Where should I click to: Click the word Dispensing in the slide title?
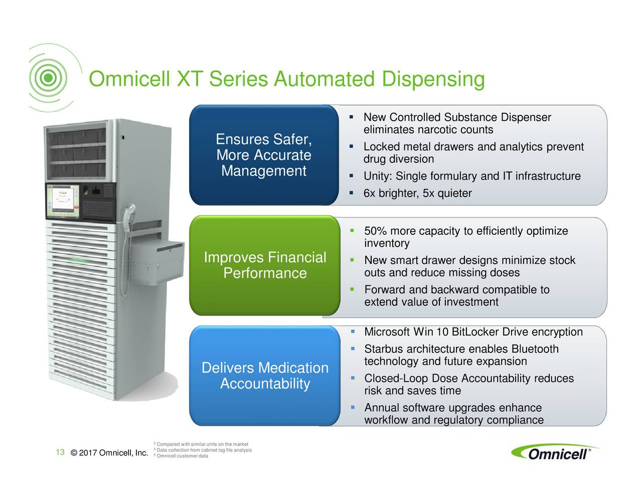(433, 80)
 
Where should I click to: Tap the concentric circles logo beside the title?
(49, 78)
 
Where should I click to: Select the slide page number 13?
(60, 452)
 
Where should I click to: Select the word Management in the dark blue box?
(264, 171)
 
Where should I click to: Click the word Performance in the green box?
(265, 273)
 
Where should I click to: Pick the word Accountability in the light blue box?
(265, 384)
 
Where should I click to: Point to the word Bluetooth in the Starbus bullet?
(535, 349)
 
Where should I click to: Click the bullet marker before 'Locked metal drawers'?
(351, 146)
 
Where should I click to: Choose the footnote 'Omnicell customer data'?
(182, 456)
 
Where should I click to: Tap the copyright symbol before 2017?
(74, 453)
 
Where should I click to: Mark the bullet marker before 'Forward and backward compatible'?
(352, 289)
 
